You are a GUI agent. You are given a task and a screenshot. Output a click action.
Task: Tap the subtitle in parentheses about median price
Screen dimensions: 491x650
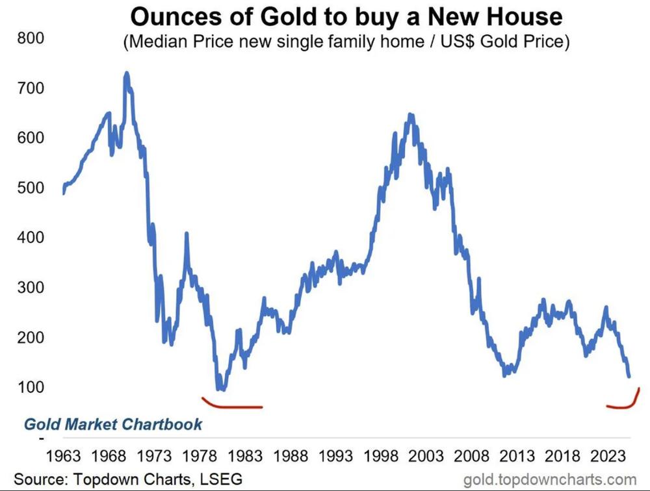(x=345, y=43)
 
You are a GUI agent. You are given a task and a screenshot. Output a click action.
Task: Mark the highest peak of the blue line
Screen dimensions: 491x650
(x=127, y=73)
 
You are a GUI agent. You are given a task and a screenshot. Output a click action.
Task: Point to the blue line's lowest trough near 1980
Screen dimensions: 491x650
(x=222, y=389)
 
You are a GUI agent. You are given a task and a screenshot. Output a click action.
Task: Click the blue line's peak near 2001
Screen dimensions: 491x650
(x=410, y=115)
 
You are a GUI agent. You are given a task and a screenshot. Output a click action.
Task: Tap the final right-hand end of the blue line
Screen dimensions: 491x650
(x=629, y=376)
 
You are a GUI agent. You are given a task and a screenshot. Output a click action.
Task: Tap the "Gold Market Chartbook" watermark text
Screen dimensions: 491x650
(x=113, y=425)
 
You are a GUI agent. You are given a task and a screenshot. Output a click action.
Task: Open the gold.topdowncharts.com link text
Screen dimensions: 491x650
(x=549, y=480)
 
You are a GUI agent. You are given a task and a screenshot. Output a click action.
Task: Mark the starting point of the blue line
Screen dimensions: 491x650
(x=63, y=193)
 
